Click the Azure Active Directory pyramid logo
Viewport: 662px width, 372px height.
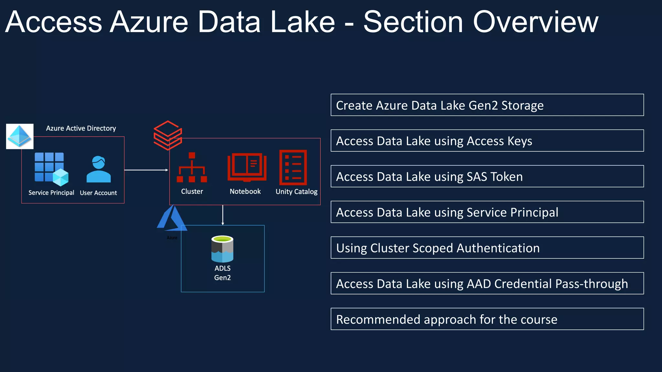tap(20, 136)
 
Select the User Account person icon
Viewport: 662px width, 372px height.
tap(99, 170)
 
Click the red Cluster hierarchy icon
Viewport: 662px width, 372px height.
tap(192, 168)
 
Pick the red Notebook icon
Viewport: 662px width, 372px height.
tap(247, 167)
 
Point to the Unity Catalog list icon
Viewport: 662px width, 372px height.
tap(293, 167)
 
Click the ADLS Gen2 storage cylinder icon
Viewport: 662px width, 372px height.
tap(222, 249)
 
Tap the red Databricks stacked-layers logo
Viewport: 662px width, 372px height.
tap(168, 135)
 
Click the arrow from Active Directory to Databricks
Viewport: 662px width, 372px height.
tap(146, 170)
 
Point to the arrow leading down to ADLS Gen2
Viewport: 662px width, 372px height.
tap(223, 215)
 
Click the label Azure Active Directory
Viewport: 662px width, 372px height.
tap(81, 128)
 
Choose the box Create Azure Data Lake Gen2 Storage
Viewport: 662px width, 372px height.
tap(487, 105)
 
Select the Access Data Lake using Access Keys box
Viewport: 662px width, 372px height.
tap(487, 140)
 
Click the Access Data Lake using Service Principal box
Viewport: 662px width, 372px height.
tap(487, 212)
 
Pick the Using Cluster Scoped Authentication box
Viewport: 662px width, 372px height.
tap(487, 248)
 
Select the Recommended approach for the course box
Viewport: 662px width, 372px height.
tap(487, 319)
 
